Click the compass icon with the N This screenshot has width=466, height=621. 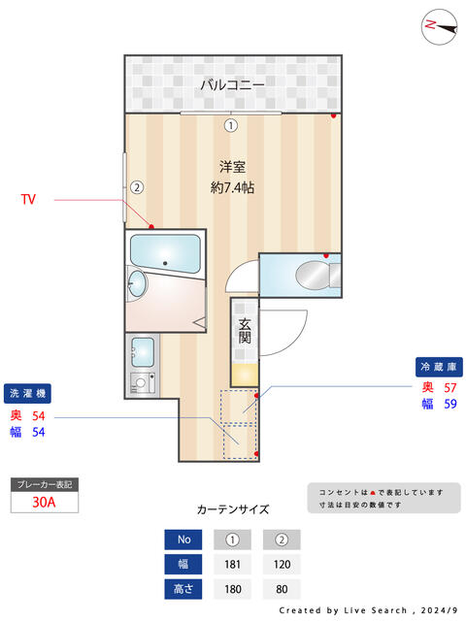(439, 27)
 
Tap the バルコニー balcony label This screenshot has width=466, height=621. (232, 84)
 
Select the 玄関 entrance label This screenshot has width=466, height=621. (246, 331)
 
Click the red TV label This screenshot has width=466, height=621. (29, 199)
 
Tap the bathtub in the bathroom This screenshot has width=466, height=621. (165, 255)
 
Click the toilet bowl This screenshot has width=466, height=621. (315, 274)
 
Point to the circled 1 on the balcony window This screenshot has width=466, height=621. (231, 125)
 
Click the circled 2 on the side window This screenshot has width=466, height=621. (138, 187)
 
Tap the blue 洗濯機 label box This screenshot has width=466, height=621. (28, 394)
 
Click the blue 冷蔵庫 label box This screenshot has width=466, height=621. (439, 367)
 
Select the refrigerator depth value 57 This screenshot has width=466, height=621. (449, 388)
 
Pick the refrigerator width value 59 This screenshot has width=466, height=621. (449, 405)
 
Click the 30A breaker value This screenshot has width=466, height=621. (43, 503)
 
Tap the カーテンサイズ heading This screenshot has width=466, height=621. (233, 508)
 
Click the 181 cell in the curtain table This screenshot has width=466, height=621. (231, 564)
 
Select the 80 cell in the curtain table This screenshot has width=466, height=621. (282, 588)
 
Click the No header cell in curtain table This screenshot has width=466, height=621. (183, 539)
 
